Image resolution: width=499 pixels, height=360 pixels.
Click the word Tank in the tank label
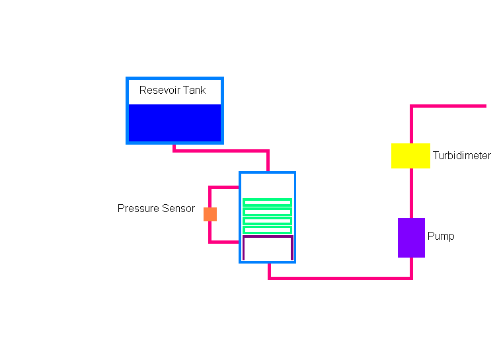(x=194, y=90)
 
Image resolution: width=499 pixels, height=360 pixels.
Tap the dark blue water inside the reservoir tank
(x=174, y=123)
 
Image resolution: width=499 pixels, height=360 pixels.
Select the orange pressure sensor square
(x=210, y=214)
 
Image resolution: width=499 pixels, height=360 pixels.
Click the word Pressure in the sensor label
(x=138, y=208)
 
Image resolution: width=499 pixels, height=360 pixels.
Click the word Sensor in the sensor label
(x=178, y=208)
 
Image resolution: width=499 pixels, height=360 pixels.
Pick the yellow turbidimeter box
(x=410, y=156)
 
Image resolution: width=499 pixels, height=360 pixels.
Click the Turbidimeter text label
(x=462, y=155)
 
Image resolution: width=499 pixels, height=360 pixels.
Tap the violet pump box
(x=411, y=238)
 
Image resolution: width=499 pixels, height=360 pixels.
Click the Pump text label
(x=441, y=236)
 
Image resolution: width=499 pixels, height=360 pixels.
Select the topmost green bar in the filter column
(x=267, y=203)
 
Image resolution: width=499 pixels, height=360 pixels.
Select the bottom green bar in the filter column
(x=267, y=230)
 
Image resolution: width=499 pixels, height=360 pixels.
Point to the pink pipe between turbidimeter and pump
(x=411, y=193)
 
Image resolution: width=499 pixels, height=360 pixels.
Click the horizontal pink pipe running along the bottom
(x=340, y=278)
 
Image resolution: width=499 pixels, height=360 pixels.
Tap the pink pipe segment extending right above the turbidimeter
(x=448, y=106)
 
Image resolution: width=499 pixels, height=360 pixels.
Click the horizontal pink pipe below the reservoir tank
(x=221, y=151)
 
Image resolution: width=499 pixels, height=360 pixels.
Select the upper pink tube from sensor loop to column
(x=223, y=188)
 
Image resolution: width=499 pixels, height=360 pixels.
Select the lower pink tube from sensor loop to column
(x=223, y=242)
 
